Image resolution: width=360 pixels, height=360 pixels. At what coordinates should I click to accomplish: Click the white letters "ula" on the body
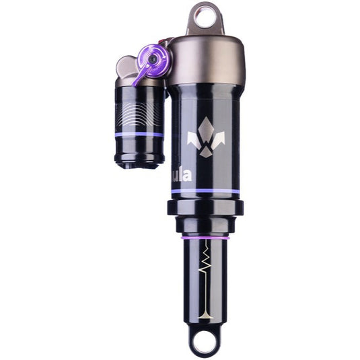182,176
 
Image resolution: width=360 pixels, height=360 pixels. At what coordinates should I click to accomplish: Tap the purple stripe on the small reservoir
139,135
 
